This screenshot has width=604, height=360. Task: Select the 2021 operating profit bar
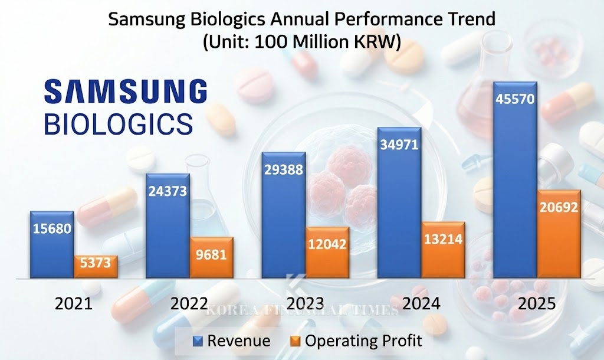point(96,267)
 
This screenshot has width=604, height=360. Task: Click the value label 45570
point(514,99)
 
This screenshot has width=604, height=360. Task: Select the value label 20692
point(558,207)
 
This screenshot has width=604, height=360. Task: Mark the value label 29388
point(283,169)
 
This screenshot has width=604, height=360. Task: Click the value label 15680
point(52,228)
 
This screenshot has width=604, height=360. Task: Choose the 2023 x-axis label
point(305,304)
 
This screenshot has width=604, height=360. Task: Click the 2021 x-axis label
point(74,304)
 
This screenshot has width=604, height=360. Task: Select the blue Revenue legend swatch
point(198,341)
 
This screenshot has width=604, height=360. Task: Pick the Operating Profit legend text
point(363,341)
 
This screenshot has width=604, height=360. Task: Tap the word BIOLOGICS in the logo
point(119,124)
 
